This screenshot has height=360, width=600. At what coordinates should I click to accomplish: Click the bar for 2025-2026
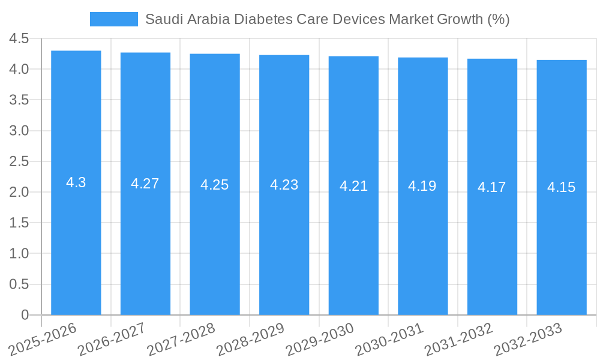coord(76,240)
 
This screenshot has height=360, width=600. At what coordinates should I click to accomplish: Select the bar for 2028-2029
coord(284,240)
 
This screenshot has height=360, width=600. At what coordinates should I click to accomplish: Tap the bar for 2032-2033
coord(561,240)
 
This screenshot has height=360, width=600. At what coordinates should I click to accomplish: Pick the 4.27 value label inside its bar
coord(145,184)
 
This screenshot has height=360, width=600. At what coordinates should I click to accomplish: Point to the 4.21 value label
coord(353,186)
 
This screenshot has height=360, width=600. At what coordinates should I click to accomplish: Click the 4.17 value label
coord(491,187)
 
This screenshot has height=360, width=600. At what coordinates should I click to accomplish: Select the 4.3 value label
coord(76,183)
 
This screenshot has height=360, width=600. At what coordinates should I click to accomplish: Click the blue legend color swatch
coord(113,19)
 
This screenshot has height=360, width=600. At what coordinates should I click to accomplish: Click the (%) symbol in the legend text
coord(498,19)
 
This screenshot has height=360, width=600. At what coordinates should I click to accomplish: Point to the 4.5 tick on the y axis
coord(19,38)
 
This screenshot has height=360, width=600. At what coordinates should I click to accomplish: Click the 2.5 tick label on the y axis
coord(19,161)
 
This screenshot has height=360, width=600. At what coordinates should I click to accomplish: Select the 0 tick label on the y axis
coord(25,315)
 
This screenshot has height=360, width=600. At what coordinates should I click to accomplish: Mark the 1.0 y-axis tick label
coord(19,254)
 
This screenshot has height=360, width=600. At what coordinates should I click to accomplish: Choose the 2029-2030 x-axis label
coord(319,338)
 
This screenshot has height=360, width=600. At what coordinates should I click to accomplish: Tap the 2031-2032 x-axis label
coord(458,338)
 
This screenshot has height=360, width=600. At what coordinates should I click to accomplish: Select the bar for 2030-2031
coord(422,240)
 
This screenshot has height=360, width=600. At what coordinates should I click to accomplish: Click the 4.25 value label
coord(215,185)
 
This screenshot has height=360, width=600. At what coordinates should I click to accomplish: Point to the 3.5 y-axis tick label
coord(19,100)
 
